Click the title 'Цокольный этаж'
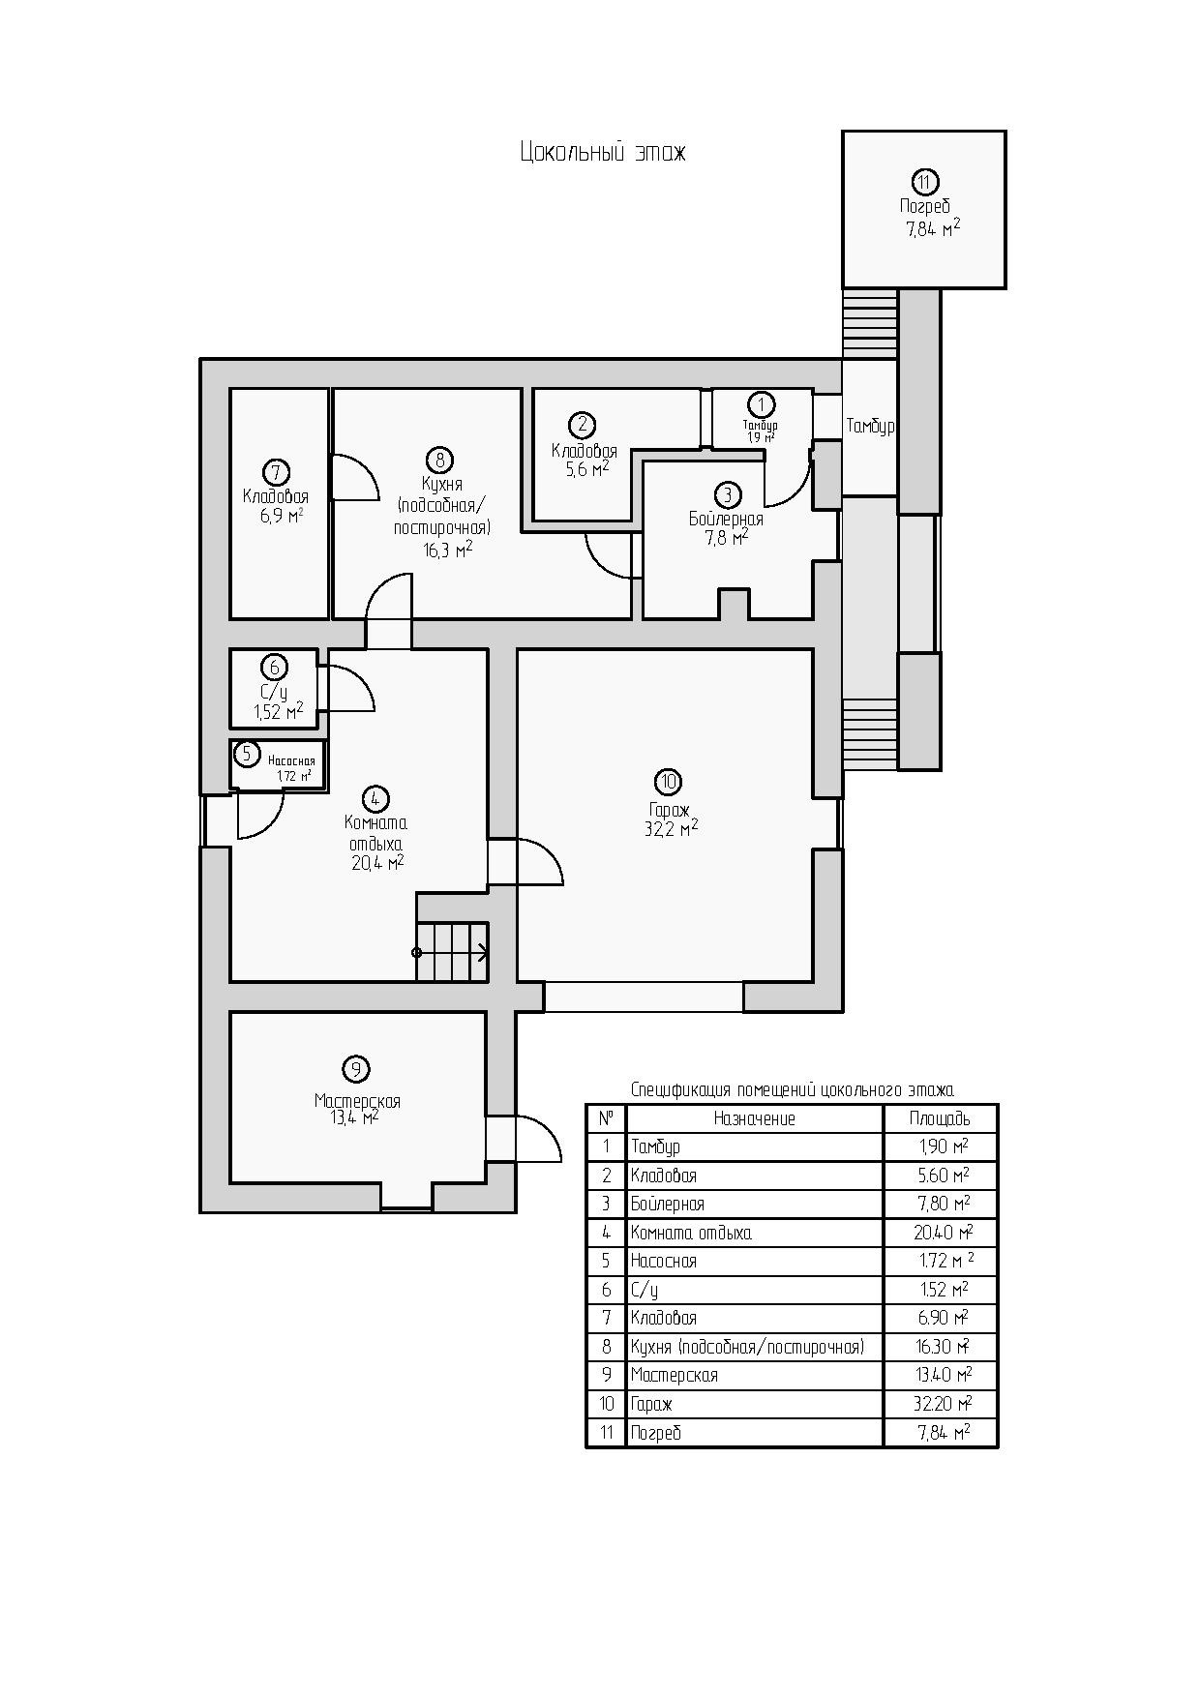click(602, 153)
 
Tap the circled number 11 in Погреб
click(925, 181)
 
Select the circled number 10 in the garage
click(668, 782)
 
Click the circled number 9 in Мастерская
click(356, 1069)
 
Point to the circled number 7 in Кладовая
click(276, 472)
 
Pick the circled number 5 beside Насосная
click(247, 754)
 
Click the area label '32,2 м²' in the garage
click(671, 829)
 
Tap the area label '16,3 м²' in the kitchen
click(447, 550)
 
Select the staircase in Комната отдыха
click(452, 952)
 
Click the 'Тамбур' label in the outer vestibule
click(870, 426)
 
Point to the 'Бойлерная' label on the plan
click(726, 520)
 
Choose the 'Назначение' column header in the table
click(754, 1119)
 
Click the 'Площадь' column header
click(940, 1119)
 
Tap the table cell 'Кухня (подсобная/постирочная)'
click(747, 1347)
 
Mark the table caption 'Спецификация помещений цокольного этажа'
click(792, 1090)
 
